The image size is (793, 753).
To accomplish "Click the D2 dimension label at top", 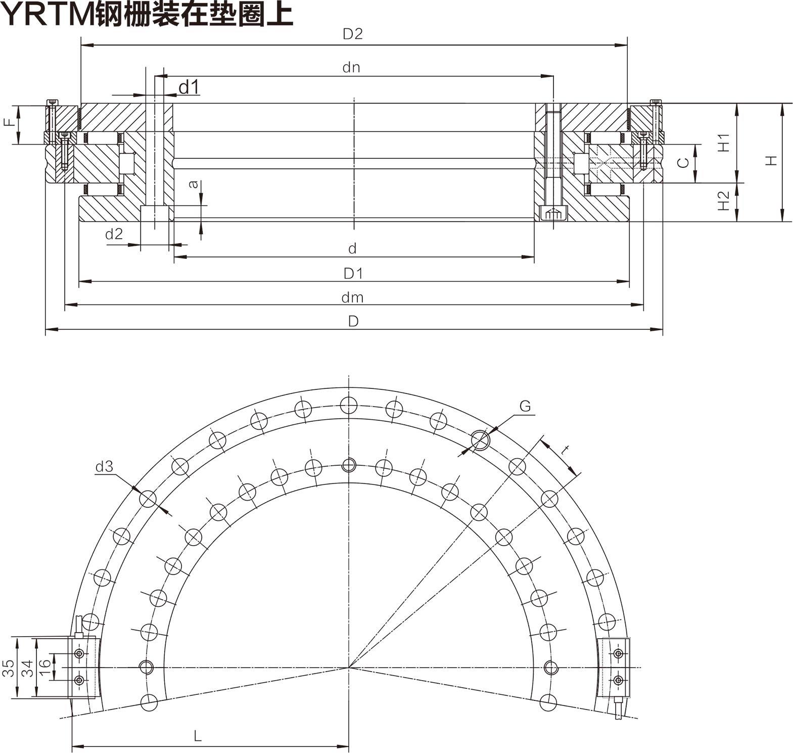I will [352, 34].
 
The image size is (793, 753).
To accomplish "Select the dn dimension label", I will [351, 68].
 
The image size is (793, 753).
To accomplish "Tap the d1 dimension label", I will [189, 87].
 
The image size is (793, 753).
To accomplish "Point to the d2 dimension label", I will [114, 234].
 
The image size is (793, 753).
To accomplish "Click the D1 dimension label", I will [353, 274].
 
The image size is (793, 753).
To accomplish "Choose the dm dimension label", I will [352, 297].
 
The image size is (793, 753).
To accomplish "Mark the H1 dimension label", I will [724, 143].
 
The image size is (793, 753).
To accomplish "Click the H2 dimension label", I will [724, 201].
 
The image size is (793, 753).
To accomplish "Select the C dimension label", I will [683, 162].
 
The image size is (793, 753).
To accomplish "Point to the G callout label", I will [525, 406].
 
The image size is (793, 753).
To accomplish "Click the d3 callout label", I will [104, 467].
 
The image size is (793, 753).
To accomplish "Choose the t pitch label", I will [566, 450].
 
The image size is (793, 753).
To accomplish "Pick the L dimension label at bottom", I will [198, 736].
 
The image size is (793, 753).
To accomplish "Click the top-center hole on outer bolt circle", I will [349, 405].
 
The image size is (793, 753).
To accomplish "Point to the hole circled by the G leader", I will [480, 440].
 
